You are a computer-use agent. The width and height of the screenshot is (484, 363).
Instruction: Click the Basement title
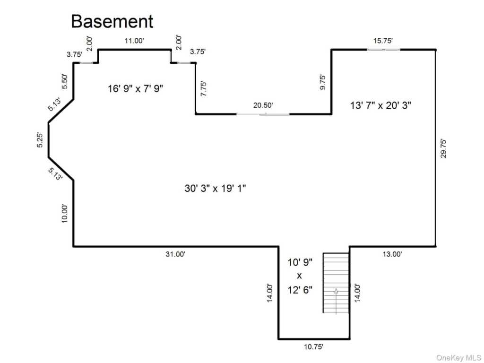(112, 21)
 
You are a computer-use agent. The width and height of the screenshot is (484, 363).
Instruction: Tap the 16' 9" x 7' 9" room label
(135, 88)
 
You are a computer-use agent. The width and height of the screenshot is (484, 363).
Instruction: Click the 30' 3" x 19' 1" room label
(216, 188)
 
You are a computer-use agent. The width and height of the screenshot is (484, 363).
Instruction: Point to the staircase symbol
(336, 283)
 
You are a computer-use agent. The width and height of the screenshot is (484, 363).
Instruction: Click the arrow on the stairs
(336, 300)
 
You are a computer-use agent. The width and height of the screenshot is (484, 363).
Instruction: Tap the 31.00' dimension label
(175, 254)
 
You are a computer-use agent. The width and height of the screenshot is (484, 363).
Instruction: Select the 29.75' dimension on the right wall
(443, 148)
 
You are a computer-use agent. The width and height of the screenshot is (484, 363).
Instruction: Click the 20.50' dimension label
(263, 105)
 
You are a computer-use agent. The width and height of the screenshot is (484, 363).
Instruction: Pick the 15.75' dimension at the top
(383, 41)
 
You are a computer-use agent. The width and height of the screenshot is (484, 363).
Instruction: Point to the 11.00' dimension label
(134, 41)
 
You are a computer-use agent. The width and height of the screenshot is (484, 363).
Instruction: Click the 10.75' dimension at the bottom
(313, 347)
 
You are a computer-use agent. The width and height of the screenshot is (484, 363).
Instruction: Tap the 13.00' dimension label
(392, 254)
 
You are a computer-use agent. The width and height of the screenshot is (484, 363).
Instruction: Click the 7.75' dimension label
(204, 89)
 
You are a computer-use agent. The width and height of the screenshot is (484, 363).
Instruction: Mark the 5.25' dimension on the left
(41, 140)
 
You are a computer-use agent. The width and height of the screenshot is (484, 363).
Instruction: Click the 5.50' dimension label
(65, 81)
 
